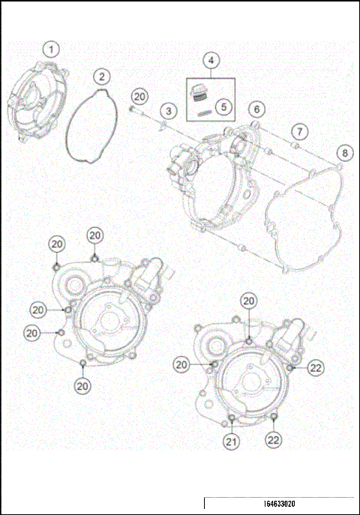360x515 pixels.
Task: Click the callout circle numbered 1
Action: [51, 49]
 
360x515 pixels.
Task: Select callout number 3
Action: [169, 111]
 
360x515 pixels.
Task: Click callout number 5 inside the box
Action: [223, 106]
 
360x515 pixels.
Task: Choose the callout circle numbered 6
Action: [256, 109]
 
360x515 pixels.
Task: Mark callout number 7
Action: [298, 132]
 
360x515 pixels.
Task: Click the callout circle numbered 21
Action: [232, 442]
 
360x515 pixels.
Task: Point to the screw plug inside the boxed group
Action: [199, 93]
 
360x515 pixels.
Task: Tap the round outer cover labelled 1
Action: [34, 101]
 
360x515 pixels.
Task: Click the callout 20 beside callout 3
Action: [139, 96]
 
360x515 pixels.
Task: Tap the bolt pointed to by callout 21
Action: [232, 417]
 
